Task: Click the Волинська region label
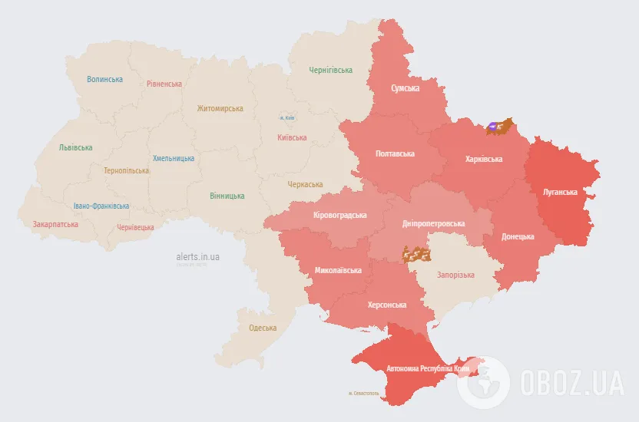click(104, 79)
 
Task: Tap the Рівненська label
click(164, 84)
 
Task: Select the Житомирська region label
click(220, 109)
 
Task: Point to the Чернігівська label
click(330, 70)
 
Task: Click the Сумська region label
click(405, 89)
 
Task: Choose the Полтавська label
click(395, 153)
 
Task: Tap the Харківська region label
click(484, 160)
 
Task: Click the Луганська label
click(560, 192)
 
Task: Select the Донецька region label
click(518, 236)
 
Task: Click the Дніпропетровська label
click(434, 224)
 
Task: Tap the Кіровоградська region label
click(340, 216)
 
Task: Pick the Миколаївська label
click(338, 271)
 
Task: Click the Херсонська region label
click(387, 305)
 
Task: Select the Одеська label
click(263, 328)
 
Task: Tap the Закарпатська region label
click(55, 225)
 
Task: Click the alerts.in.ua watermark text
click(197, 257)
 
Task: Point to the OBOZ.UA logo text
click(571, 381)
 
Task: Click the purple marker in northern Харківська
click(492, 126)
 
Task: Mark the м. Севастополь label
click(363, 394)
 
